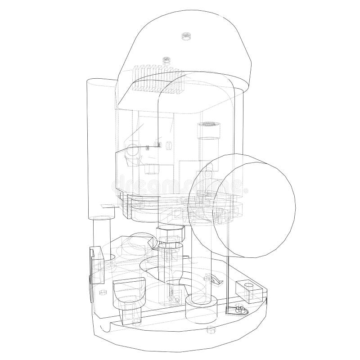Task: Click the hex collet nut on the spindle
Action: pos(171,234)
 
